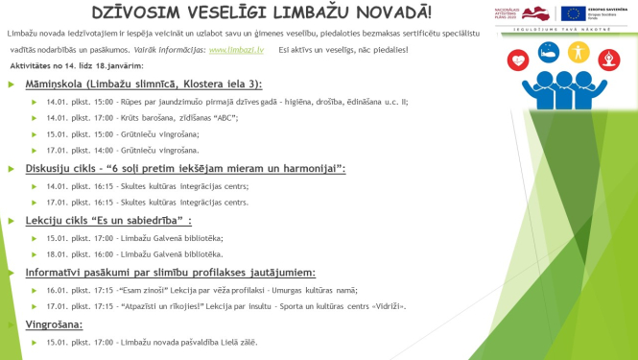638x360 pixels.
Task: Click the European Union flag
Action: tap(574, 13)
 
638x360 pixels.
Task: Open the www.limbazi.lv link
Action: tap(237, 47)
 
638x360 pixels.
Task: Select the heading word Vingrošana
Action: tap(54, 324)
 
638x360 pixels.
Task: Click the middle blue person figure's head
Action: tap(563, 77)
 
